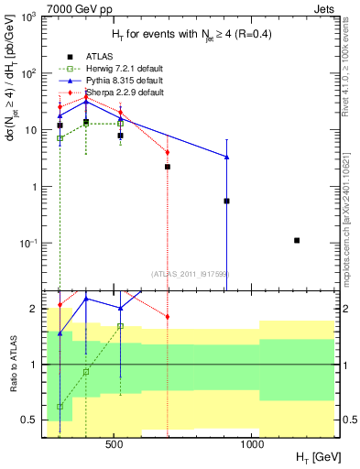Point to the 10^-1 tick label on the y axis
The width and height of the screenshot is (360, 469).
point(30,244)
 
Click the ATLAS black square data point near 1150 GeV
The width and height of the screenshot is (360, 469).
point(297,240)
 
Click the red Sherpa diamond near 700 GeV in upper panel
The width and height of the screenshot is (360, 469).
point(168,152)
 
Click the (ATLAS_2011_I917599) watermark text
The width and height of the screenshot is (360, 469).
point(191,272)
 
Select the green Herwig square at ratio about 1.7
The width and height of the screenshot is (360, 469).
point(120,326)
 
